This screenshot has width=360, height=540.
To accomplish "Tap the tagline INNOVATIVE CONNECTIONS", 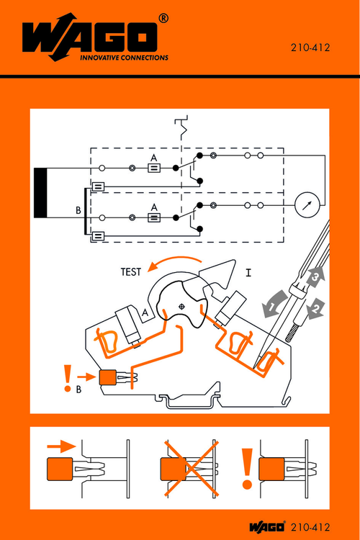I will point(123,57).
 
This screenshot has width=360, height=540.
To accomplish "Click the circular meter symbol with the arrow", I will point(307,205).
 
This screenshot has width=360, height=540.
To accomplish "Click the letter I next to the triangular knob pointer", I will point(248,273).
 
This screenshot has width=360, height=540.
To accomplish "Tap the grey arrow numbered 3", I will point(315,275).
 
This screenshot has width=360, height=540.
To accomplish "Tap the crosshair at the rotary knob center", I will point(181,307).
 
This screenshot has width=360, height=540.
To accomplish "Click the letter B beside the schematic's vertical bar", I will point(78,211).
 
